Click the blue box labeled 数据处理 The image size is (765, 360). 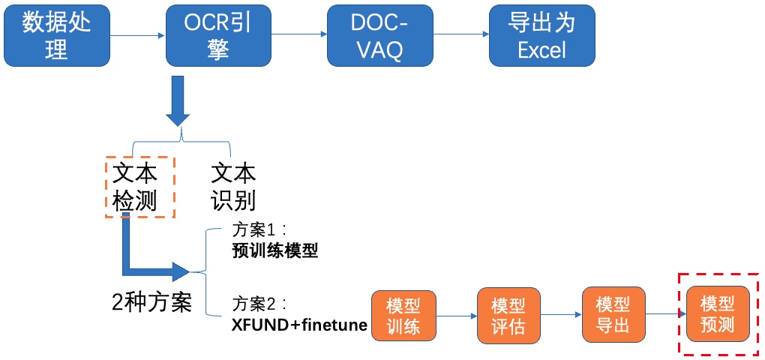click(x=56, y=35)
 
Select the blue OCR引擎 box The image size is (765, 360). click(x=218, y=35)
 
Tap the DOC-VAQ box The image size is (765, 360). click(x=380, y=35)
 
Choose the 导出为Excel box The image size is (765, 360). click(x=542, y=35)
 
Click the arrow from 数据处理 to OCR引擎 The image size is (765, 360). click(x=137, y=35)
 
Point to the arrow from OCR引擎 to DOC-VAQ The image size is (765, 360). click(x=299, y=34)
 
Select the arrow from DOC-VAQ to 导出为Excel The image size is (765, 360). click(x=461, y=34)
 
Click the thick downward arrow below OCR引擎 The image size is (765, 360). click(x=178, y=101)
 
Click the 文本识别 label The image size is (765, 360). click(x=233, y=187)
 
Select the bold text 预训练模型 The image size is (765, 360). click(x=274, y=252)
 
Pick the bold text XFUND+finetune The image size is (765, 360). click(x=299, y=325)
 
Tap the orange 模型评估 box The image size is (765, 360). click(x=508, y=315)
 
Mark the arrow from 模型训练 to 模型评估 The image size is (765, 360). click(x=456, y=316)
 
